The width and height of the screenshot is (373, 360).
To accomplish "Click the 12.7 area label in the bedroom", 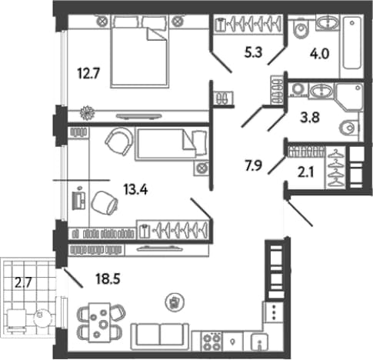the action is coord(88,74).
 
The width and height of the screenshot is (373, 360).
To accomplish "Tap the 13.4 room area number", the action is coord(135,190).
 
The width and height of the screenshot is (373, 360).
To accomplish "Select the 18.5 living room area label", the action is coord(108,278).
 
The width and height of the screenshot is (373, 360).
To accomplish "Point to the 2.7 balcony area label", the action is coord(23,283).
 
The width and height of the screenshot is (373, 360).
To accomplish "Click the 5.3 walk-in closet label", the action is coord(253,52).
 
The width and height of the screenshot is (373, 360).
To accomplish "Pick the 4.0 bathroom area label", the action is coord(319,54).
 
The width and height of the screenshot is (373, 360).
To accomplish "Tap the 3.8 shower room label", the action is coord(310,118).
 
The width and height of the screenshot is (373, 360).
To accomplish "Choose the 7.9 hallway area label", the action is coord(253,165).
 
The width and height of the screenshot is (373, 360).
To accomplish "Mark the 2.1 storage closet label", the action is coord(306,172).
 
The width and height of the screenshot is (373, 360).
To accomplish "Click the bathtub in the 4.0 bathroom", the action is coord(351,43).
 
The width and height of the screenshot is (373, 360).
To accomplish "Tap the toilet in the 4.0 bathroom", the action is coord(300,28).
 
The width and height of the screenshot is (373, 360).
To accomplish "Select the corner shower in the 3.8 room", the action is coord(349,97).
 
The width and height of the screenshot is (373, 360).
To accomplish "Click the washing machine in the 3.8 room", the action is coord(298,90).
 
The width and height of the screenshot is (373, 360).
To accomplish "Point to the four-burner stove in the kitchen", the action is coord(212,342).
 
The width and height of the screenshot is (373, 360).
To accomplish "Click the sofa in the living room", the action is coord(160,337).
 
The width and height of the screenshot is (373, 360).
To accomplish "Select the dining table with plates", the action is coord(99,322).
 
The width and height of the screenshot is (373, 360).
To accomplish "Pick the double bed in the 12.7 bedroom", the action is coord(140,52).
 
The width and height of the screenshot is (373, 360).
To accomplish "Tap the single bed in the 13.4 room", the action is coord(172,145).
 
